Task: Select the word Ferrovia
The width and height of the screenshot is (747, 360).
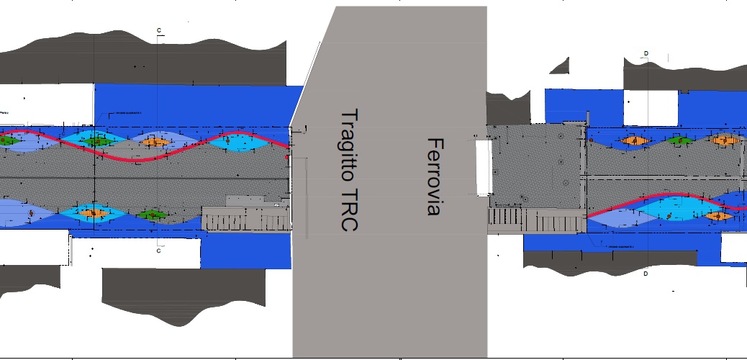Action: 433,176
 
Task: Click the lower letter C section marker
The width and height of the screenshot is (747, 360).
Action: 158,251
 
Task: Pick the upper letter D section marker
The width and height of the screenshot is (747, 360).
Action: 646,53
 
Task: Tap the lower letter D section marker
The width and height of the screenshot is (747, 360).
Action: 646,274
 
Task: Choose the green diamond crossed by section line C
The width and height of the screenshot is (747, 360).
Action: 95,141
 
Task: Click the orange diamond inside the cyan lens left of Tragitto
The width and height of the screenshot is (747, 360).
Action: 155,143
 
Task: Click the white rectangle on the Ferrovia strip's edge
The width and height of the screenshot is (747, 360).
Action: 483,167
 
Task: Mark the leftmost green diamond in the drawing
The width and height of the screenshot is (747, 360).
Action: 9,141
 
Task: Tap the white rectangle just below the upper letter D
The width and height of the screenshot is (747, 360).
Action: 650,107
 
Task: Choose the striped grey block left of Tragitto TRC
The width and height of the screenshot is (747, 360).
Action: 247,218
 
